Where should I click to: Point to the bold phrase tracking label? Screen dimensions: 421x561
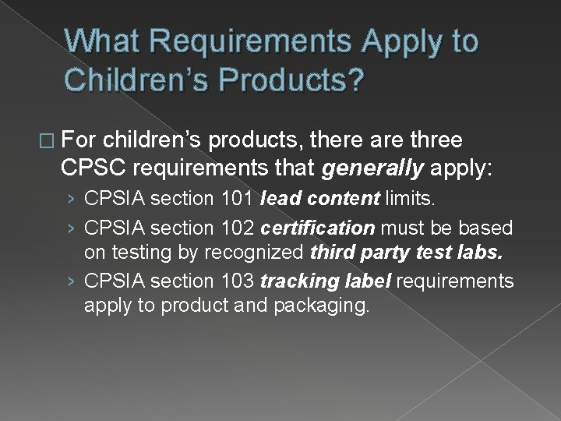[326, 280]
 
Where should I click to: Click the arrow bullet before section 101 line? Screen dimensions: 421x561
[70, 200]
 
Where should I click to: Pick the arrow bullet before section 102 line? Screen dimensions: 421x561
[70, 229]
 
